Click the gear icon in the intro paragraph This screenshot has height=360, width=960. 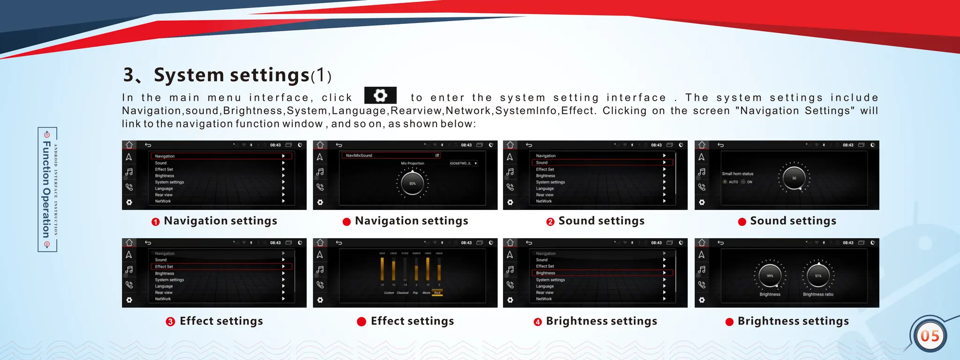tap(380, 96)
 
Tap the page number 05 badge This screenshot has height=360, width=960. tap(930, 336)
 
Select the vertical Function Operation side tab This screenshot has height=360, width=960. tap(47, 189)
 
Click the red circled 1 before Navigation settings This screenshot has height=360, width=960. tap(156, 222)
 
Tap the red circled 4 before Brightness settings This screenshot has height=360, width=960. tap(538, 322)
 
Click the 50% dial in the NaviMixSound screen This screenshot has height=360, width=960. tap(412, 183)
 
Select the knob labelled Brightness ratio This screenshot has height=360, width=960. tap(818, 276)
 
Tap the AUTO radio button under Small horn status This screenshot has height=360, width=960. tap(725, 182)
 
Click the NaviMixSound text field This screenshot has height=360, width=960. tap(390, 155)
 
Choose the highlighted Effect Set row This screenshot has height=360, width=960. tap(221, 266)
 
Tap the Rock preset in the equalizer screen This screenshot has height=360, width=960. tap(437, 292)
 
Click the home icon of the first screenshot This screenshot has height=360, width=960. tap(129, 145)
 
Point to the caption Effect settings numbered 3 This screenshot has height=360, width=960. tap(221, 321)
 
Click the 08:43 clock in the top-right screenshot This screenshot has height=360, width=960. tap(848, 145)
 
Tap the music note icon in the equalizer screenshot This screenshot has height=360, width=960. tap(320, 270)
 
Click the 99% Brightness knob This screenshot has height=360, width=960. tap(770, 276)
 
